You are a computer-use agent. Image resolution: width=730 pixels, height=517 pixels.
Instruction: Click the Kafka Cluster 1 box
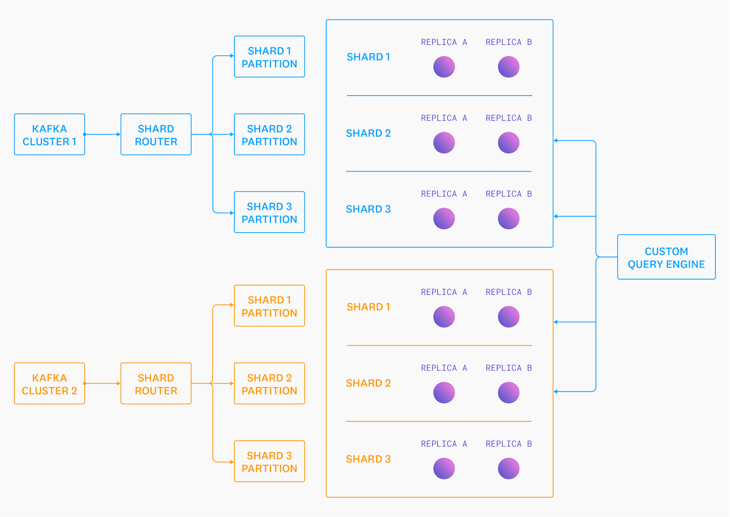click(49, 134)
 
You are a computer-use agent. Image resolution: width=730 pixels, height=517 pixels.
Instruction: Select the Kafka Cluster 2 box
click(49, 383)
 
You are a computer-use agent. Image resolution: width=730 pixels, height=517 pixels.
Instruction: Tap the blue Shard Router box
click(156, 134)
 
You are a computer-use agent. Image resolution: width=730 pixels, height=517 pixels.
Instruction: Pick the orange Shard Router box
click(156, 383)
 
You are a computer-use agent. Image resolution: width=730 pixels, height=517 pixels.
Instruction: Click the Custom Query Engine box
click(666, 257)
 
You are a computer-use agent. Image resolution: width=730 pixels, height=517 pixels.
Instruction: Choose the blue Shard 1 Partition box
click(269, 57)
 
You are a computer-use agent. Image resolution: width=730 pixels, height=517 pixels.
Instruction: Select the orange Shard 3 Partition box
click(269, 461)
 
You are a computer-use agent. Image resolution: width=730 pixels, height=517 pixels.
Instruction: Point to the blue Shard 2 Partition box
click(269, 134)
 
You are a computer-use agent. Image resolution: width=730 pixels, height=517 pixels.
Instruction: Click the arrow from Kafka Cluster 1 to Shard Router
click(103, 134)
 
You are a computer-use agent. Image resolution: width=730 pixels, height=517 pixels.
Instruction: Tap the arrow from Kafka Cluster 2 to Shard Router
click(103, 383)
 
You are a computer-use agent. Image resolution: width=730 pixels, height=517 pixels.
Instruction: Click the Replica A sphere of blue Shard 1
click(444, 67)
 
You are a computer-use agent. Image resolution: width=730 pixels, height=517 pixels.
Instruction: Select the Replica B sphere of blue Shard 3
click(509, 218)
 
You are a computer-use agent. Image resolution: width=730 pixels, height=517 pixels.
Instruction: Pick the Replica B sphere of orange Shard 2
click(509, 392)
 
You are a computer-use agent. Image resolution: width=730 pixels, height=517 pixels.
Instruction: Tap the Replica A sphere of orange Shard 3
click(444, 468)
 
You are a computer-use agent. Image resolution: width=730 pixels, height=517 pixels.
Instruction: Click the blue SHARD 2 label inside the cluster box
click(368, 133)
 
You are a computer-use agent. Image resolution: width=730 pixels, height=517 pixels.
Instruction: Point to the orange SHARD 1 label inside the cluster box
click(368, 307)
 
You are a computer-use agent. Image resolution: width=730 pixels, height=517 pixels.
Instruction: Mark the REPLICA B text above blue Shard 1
click(509, 42)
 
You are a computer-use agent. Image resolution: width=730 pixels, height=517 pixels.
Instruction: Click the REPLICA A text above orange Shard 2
click(444, 368)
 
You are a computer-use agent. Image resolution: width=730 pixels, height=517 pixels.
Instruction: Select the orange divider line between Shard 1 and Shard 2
click(439, 346)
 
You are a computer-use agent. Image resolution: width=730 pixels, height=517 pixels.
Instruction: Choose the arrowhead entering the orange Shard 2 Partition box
click(232, 383)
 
